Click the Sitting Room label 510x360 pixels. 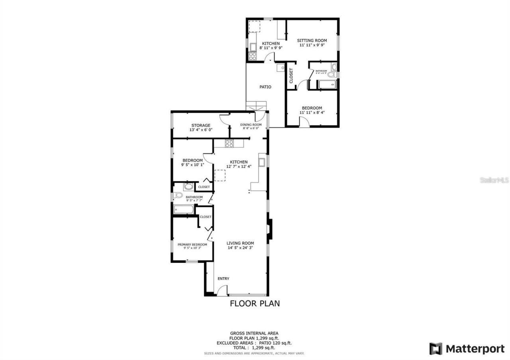click(x=312, y=41)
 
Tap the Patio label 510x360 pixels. click(x=265, y=87)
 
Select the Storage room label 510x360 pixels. click(x=200, y=125)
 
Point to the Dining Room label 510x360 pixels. click(x=251, y=125)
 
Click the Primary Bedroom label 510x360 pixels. click(x=192, y=245)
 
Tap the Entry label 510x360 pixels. click(x=223, y=279)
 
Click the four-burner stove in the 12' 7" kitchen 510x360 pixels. click(x=229, y=144)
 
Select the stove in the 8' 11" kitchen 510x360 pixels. click(x=252, y=56)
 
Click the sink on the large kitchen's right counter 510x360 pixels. click(x=262, y=162)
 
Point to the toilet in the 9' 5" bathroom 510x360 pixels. click(x=178, y=195)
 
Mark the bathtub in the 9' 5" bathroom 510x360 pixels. click(x=184, y=209)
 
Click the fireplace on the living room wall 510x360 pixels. click(x=270, y=229)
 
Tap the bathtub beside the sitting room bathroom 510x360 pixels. click(x=327, y=84)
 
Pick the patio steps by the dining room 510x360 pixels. click(x=255, y=106)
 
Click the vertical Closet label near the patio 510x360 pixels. click(x=291, y=75)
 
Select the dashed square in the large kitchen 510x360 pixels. click(x=220, y=175)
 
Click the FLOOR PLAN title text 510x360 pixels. click(x=255, y=303)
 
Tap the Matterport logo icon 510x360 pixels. click(x=435, y=349)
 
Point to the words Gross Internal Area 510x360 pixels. click(x=254, y=333)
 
